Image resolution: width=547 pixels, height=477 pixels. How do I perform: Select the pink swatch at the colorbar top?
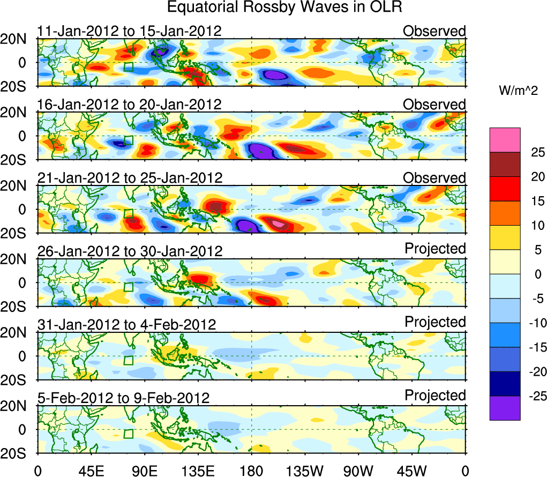pos(505,140)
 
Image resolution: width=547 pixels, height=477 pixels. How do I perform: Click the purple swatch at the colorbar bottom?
pos(505,408)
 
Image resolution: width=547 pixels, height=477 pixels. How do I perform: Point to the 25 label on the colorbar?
pos(531,153)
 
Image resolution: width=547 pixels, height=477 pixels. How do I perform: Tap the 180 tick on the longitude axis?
pos(251,471)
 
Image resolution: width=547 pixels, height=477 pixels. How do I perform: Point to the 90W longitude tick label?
pos(358,471)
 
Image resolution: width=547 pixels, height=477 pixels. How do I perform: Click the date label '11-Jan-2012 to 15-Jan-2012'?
pos(129,31)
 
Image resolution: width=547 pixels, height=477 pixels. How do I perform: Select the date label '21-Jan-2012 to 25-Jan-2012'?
pos(129,177)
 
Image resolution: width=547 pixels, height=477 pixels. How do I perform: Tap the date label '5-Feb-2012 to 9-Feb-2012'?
pos(123,398)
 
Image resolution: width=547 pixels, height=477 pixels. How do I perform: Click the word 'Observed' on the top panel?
pos(434,31)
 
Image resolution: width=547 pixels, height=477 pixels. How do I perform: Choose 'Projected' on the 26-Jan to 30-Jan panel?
pos(435,249)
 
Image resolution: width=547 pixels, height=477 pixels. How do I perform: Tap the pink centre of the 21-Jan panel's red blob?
pos(278,222)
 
